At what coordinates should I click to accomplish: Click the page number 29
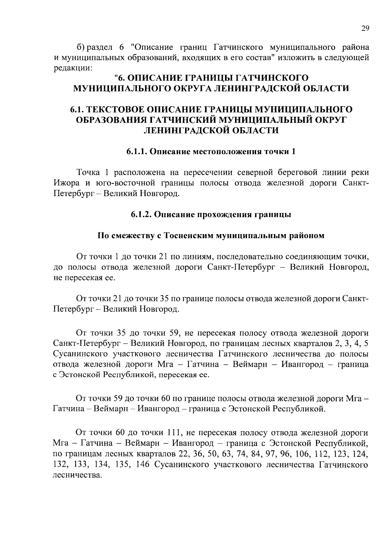(x=365, y=28)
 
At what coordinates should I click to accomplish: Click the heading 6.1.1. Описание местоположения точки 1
(x=211, y=152)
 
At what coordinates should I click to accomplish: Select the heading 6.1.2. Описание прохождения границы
(x=211, y=215)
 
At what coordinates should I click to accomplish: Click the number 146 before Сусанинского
(x=142, y=465)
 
